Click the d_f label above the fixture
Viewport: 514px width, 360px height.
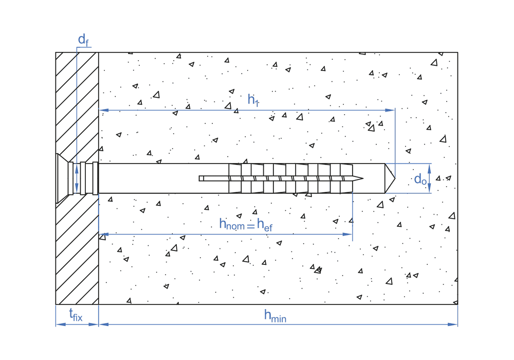[x=82, y=40]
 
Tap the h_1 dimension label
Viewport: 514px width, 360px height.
[x=253, y=100]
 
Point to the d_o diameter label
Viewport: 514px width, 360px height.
[x=420, y=179]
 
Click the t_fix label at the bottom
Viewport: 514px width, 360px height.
[x=76, y=315]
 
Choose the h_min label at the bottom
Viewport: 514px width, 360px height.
[x=275, y=316]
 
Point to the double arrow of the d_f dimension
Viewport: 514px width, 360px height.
[x=77, y=178]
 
